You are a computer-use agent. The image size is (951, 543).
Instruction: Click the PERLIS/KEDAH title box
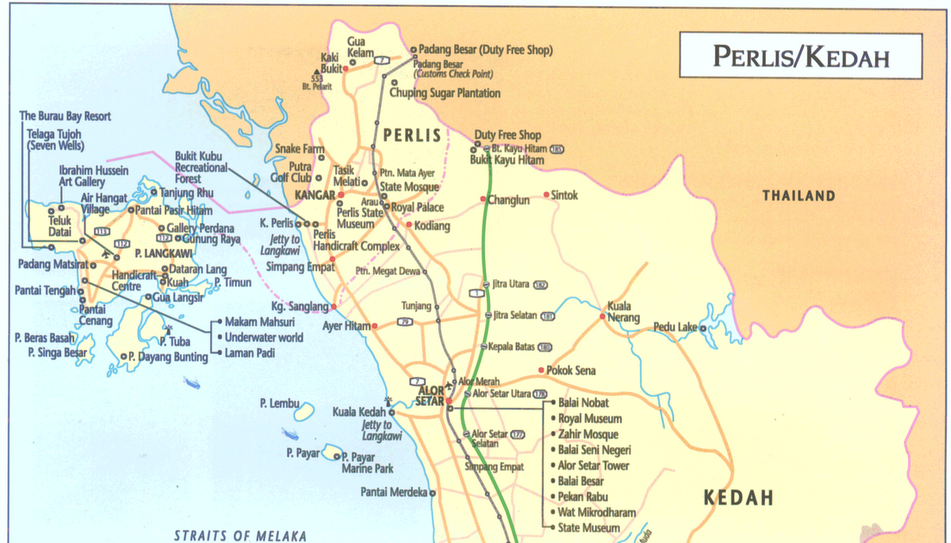click(x=800, y=57)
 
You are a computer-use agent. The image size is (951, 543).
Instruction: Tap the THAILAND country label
click(x=799, y=196)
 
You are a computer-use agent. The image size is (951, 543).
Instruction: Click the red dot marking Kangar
click(x=340, y=196)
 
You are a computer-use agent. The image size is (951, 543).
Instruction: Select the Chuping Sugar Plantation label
click(x=444, y=93)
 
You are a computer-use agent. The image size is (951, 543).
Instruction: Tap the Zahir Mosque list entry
click(x=587, y=434)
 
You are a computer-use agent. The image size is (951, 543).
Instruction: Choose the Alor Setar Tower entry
click(x=594, y=465)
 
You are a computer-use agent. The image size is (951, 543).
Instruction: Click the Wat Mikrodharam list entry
click(x=596, y=512)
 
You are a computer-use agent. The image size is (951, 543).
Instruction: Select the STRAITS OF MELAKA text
click(x=239, y=535)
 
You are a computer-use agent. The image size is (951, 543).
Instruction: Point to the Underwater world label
click(x=263, y=338)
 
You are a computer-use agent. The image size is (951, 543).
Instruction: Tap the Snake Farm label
click(x=299, y=149)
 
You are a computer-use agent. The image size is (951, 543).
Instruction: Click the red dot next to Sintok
click(x=546, y=195)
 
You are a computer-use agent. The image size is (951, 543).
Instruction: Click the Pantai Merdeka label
click(x=393, y=492)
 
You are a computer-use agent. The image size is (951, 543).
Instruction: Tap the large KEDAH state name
click(x=737, y=497)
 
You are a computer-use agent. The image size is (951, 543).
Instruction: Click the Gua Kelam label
click(x=360, y=47)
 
